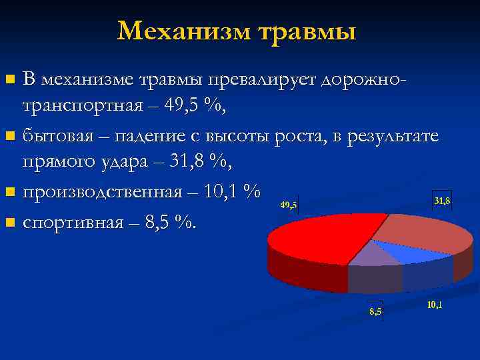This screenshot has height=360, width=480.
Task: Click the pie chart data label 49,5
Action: click(x=289, y=205)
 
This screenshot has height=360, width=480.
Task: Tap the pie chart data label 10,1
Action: click(x=434, y=305)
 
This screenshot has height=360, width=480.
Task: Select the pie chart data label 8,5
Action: click(x=375, y=312)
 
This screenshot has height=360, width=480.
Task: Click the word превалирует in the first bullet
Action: click(x=263, y=79)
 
